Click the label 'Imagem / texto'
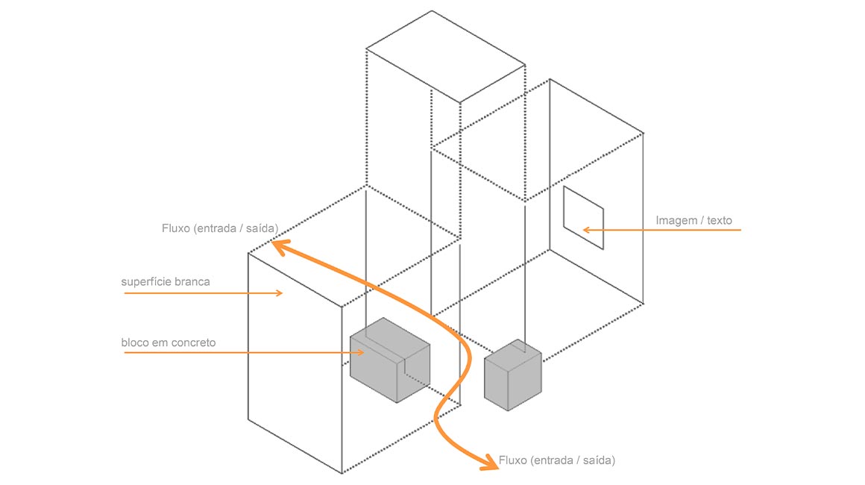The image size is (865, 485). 693,220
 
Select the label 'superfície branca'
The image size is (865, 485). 166,282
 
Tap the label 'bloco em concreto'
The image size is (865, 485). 169,342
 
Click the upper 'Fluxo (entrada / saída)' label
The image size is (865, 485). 220,228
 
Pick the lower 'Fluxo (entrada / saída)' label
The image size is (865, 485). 558,460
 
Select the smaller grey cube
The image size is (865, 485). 512,376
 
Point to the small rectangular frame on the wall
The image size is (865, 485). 583,217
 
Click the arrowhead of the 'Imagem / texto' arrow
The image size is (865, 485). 586,230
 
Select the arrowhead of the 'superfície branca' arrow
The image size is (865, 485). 280,293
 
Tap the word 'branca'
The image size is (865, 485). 193,282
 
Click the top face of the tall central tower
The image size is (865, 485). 445,55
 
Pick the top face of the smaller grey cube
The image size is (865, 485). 513,354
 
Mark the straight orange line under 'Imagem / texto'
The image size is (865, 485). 671,230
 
